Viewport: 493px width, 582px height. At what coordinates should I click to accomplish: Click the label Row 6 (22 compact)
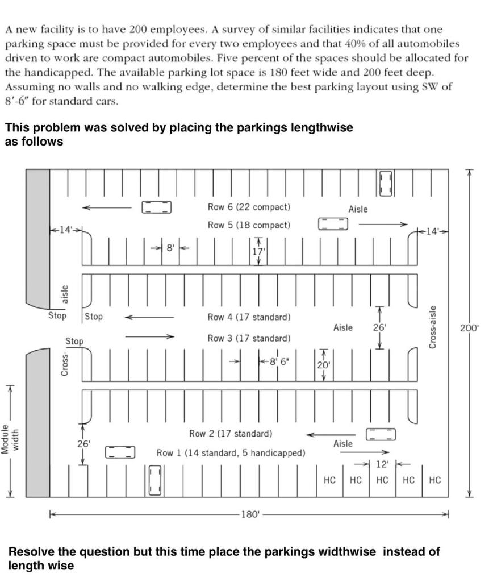[249, 207]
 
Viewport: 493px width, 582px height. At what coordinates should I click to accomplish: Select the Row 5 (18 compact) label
[249, 225]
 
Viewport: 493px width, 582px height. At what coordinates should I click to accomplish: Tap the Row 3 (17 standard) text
[249, 338]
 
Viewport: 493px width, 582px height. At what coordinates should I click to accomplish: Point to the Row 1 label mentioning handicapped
[231, 453]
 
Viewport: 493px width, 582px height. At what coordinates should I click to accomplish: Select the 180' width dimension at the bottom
[250, 514]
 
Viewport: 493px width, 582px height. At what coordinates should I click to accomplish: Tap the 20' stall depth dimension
[323, 365]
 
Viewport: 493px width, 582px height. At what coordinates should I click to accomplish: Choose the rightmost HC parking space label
[434, 480]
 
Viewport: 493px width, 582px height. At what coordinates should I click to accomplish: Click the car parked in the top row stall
[386, 182]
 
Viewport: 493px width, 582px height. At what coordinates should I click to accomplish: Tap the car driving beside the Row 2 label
[380, 434]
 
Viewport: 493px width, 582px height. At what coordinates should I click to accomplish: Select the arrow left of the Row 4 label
[149, 317]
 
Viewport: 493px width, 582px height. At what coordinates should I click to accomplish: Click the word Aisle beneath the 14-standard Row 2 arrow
[342, 444]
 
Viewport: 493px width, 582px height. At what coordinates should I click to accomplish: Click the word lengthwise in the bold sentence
[321, 128]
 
